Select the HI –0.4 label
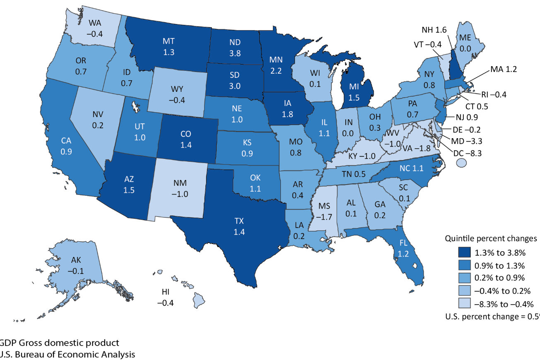tap(165, 298)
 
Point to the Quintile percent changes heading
tap(491, 239)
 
